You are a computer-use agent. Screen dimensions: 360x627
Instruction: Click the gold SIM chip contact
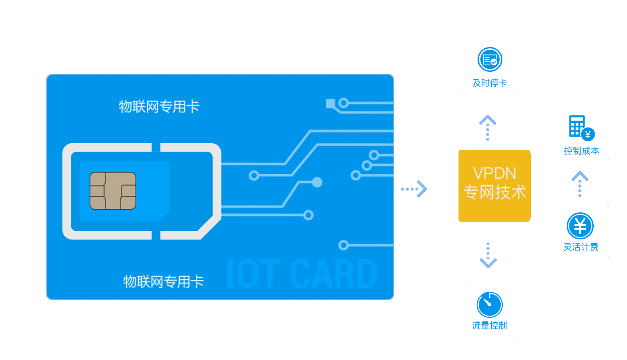(x=113, y=191)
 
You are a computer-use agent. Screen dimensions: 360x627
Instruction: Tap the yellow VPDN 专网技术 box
(x=494, y=185)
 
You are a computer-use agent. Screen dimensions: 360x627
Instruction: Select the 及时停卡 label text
(x=490, y=83)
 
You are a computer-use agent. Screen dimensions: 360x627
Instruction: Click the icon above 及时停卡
(x=490, y=59)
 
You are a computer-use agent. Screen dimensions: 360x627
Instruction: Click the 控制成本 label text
(x=581, y=151)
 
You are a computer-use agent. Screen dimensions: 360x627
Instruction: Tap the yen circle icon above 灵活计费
(x=580, y=226)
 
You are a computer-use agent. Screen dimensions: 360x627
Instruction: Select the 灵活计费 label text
(x=580, y=247)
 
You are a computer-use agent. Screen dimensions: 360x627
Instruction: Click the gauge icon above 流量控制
(x=490, y=305)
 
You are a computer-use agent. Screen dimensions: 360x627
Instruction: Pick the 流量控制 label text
(x=490, y=326)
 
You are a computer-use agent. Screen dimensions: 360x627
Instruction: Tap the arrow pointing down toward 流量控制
(x=488, y=256)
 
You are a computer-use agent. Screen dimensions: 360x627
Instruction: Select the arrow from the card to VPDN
(x=414, y=189)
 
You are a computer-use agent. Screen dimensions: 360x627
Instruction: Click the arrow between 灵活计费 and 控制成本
(x=580, y=184)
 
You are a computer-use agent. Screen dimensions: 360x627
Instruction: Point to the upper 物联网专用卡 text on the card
(x=159, y=107)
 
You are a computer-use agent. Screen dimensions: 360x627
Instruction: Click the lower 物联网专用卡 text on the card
(x=163, y=282)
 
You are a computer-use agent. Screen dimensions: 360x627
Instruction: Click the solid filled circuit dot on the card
(x=317, y=182)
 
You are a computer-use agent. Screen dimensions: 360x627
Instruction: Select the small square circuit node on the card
(x=330, y=104)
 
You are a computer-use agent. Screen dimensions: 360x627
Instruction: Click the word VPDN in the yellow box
(x=494, y=173)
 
